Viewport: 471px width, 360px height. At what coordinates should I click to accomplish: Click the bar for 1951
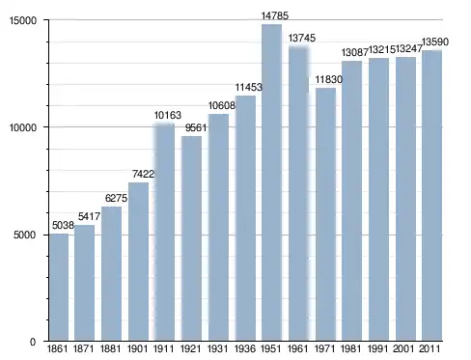point(271,182)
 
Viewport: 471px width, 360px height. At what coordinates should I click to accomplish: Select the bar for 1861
point(59,287)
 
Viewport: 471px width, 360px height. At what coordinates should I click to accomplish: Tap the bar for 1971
point(325,214)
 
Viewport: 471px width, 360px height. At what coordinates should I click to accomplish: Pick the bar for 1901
point(138,262)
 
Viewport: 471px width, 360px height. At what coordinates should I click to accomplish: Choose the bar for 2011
point(432,195)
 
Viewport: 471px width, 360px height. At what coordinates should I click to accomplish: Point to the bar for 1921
point(191,238)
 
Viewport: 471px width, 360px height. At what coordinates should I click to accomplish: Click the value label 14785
point(275,15)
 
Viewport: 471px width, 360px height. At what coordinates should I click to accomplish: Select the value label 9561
point(196,127)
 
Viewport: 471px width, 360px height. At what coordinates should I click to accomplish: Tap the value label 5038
point(63,225)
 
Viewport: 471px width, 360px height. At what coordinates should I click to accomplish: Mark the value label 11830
point(329,79)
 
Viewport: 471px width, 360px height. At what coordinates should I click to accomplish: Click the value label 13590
point(435,42)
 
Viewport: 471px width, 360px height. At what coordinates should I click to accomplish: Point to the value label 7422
point(144,174)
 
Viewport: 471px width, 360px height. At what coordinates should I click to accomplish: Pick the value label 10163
point(168,115)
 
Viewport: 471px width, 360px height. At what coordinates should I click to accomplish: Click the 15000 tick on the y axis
point(23,20)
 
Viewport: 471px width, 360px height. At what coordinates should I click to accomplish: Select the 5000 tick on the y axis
point(24,235)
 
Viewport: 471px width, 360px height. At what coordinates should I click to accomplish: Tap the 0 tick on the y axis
point(33,342)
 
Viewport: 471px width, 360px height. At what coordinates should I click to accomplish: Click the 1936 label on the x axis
point(245,348)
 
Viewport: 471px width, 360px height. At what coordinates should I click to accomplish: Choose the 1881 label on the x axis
point(110,348)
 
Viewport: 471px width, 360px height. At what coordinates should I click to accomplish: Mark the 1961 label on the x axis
point(297,348)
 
